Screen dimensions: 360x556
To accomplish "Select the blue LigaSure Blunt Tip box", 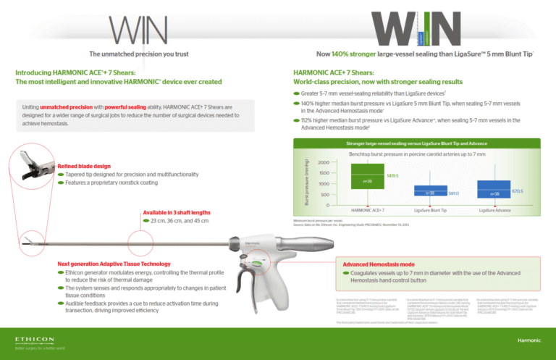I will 430,191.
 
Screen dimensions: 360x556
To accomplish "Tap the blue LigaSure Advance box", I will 494,188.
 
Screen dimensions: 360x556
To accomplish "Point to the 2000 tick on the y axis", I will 323,163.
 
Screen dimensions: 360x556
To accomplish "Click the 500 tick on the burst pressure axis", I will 324,195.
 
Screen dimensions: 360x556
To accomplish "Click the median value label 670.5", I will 518,191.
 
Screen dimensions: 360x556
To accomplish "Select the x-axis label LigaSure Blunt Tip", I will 429,209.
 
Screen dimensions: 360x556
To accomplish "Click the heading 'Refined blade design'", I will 82,166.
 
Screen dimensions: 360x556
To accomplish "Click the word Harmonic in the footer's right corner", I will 528,339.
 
